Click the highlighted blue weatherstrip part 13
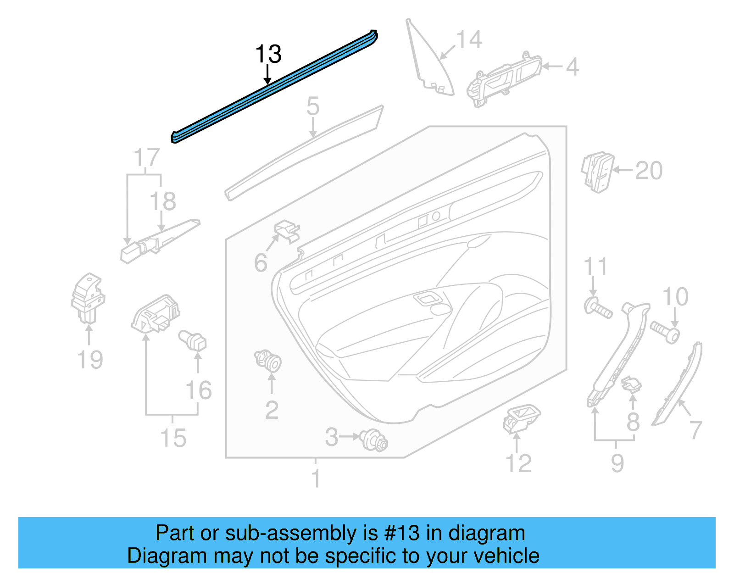(275, 87)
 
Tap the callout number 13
(268, 54)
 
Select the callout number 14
(469, 40)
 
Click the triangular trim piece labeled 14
(429, 64)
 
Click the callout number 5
(312, 106)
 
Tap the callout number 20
(649, 171)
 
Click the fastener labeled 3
(374, 440)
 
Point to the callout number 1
(316, 478)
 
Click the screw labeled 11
(597, 308)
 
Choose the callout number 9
(617, 463)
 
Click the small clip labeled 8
(631, 384)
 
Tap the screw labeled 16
(193, 340)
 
